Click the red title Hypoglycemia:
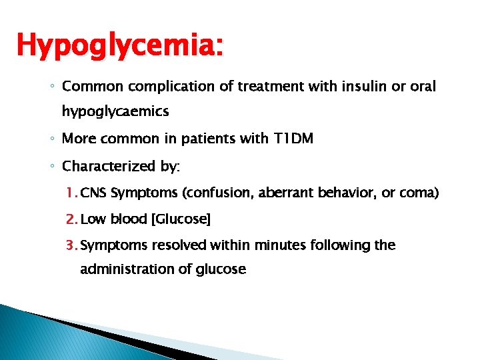tap(120, 46)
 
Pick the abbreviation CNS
tap(94, 193)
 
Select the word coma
tap(417, 193)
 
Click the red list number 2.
tap(71, 219)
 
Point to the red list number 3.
tap(71, 245)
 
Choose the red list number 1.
tap(71, 193)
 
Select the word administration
tap(124, 269)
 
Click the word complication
tap(160, 87)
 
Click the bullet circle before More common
tap(53, 139)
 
